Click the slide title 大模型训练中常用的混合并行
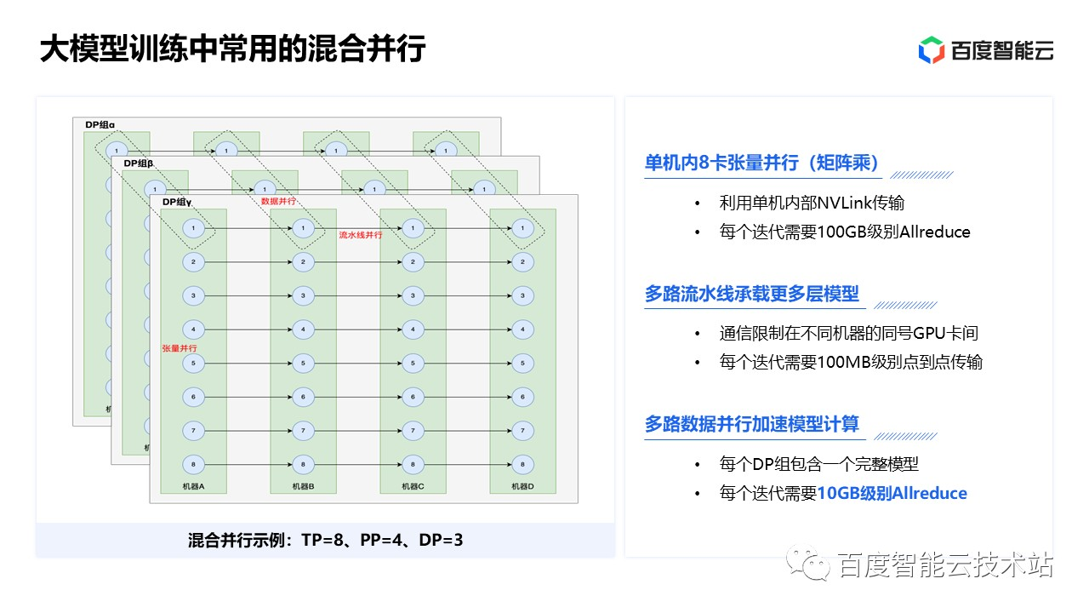pyautogui.click(x=232, y=49)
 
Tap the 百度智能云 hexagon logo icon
pyautogui.click(x=931, y=50)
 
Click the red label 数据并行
pyautogui.click(x=277, y=202)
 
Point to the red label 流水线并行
pyautogui.click(x=361, y=235)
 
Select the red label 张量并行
pyautogui.click(x=180, y=349)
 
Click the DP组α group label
pyautogui.click(x=100, y=125)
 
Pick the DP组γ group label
pyautogui.click(x=177, y=202)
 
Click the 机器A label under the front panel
pyautogui.click(x=193, y=486)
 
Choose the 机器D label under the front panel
pyautogui.click(x=522, y=486)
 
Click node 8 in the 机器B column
pyautogui.click(x=303, y=464)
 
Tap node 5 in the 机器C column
pyautogui.click(x=413, y=364)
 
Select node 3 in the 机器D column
pyautogui.click(x=522, y=296)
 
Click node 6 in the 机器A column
pyautogui.click(x=193, y=397)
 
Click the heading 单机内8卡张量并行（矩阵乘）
pyautogui.click(x=761, y=163)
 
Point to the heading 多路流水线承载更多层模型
pyautogui.click(x=752, y=294)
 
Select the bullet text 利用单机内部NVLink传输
pyautogui.click(x=812, y=203)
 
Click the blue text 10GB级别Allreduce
pyautogui.click(x=892, y=493)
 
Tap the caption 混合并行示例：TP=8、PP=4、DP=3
pyautogui.click(x=325, y=540)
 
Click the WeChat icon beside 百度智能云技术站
pyautogui.click(x=807, y=564)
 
